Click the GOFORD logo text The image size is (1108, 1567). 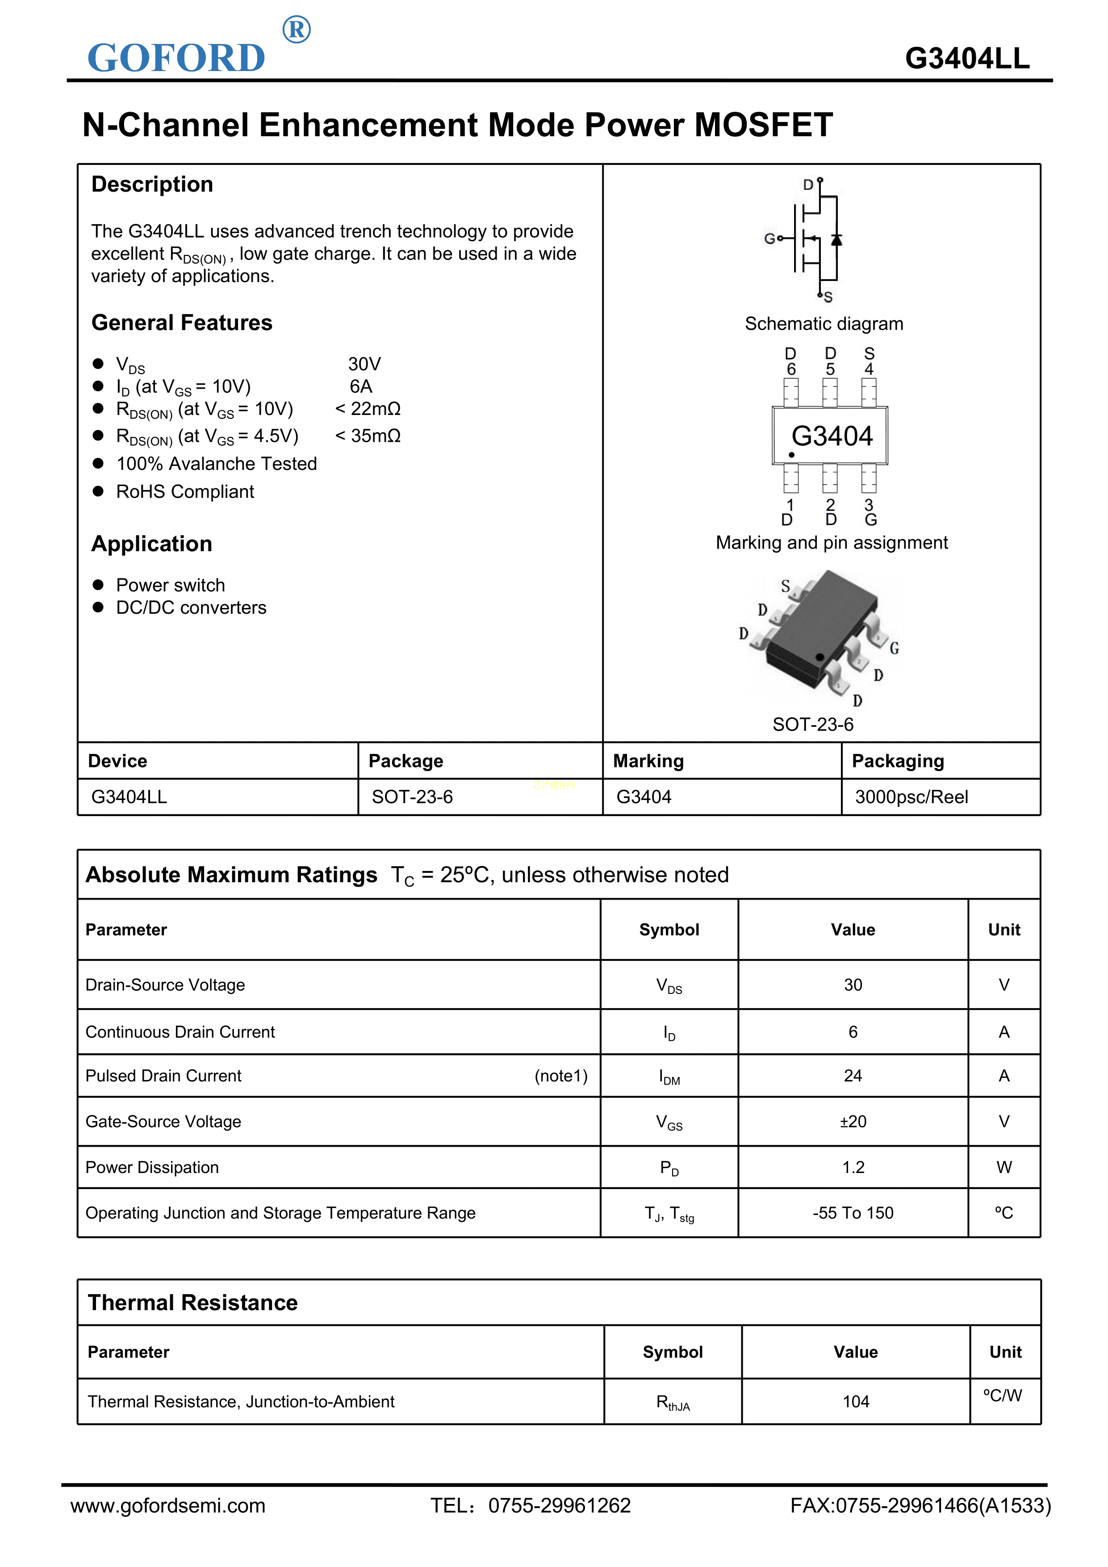click(x=176, y=58)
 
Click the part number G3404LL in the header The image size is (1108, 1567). click(x=967, y=59)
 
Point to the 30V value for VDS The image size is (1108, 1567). click(x=364, y=364)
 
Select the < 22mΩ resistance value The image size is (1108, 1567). click(x=368, y=409)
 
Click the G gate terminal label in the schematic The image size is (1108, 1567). click(x=769, y=238)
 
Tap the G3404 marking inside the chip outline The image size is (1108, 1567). click(x=832, y=436)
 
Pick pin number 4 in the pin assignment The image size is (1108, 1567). click(x=869, y=369)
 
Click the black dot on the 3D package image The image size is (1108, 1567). click(x=820, y=657)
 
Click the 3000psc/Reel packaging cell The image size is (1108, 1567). click(x=911, y=797)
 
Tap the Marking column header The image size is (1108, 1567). click(x=648, y=761)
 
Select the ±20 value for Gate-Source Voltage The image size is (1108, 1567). click(x=853, y=1121)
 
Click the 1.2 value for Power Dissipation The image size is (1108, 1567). click(x=853, y=1167)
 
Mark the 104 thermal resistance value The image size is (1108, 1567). click(x=856, y=1401)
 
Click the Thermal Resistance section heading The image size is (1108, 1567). click(x=192, y=1303)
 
